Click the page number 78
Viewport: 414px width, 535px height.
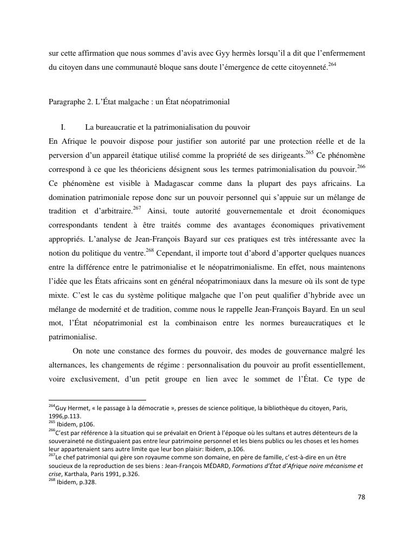click(x=362, y=497)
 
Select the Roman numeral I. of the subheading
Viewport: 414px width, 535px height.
click(x=63, y=128)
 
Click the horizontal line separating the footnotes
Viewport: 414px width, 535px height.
click(x=97, y=400)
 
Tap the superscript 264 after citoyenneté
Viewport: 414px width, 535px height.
click(x=332, y=65)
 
